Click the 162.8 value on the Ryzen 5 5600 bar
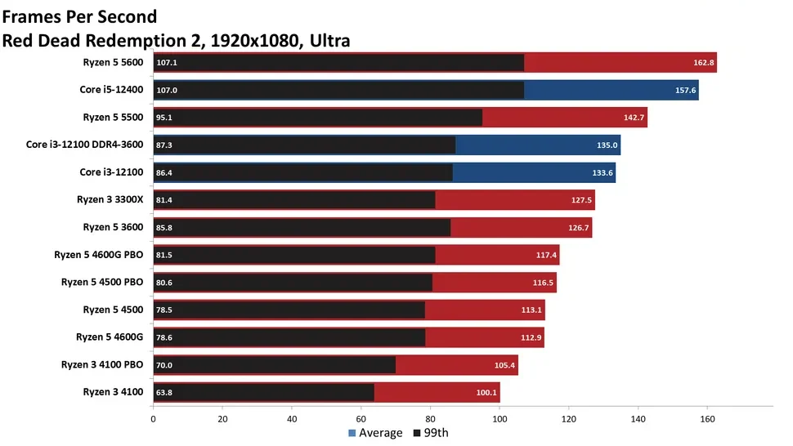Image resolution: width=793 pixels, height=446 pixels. pos(704,62)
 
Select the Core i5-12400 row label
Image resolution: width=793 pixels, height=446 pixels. pos(112,89)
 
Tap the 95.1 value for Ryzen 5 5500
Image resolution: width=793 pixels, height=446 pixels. pos(164,118)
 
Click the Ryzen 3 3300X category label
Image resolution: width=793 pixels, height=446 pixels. pos(113,199)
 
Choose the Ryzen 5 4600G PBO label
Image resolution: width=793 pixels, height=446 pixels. pos(98,255)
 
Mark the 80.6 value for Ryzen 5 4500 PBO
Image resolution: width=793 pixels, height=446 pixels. pos(164,283)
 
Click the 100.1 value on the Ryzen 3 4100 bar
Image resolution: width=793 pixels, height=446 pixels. pos(486,393)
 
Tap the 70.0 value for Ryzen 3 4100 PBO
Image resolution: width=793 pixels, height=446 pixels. pos(164,365)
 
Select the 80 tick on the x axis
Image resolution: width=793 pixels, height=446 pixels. pos(431,420)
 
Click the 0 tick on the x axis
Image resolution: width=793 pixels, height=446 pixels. pos(153,420)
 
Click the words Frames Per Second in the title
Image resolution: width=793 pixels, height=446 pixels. pos(80,16)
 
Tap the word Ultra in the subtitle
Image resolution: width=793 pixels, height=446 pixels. pos(328,40)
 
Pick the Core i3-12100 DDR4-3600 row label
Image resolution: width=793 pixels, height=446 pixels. pos(84,145)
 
